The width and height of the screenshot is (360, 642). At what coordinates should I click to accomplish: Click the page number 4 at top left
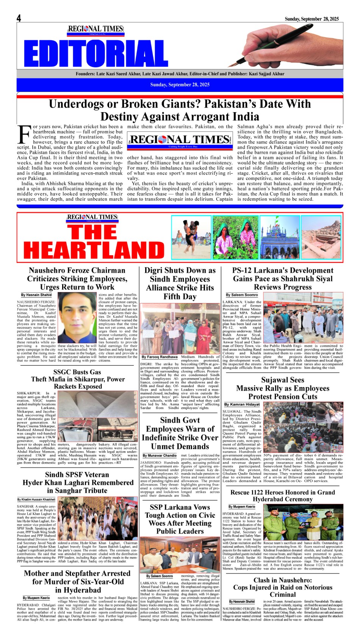19,18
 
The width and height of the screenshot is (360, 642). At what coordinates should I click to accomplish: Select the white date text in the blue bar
180,85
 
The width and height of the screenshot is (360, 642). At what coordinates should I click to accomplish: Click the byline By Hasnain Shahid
36,295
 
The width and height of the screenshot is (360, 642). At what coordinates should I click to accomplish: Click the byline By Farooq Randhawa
159,357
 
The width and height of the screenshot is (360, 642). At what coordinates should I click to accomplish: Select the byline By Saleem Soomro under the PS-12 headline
242,295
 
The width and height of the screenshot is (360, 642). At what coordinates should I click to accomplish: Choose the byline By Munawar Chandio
160,455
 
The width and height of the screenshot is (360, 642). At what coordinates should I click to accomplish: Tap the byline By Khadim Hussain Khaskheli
36,500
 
